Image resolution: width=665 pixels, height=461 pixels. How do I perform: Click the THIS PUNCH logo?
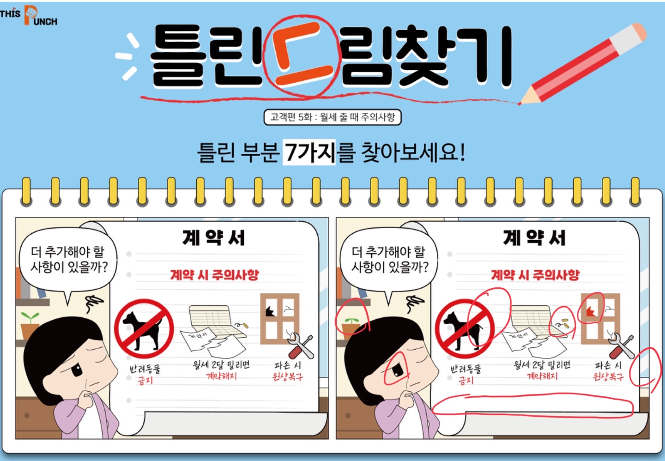click(x=29, y=15)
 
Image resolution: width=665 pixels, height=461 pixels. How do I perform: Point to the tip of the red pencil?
click(x=519, y=103)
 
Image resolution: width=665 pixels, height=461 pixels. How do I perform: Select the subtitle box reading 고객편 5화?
click(x=332, y=117)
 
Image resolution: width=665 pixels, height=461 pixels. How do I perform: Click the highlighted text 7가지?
click(x=309, y=152)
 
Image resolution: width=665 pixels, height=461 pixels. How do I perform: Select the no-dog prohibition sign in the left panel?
click(x=144, y=329)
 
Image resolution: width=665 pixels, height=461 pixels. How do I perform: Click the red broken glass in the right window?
click(x=590, y=311)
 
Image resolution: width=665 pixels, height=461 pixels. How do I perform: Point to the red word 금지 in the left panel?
click(x=145, y=381)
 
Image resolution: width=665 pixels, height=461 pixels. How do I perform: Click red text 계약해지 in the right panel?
click(x=542, y=376)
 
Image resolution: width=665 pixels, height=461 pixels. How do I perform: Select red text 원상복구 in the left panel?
click(x=288, y=376)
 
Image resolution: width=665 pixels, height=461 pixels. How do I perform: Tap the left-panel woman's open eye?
click(x=77, y=370)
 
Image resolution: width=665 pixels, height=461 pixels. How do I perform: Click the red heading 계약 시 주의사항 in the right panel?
click(x=535, y=275)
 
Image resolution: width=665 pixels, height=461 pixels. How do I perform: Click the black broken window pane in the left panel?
click(x=270, y=311)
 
